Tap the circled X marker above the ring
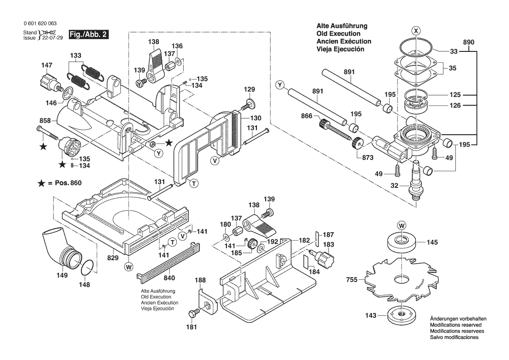tap(417, 31)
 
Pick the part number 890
tap(469, 42)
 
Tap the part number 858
tap(45, 120)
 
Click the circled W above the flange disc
tap(401, 225)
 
